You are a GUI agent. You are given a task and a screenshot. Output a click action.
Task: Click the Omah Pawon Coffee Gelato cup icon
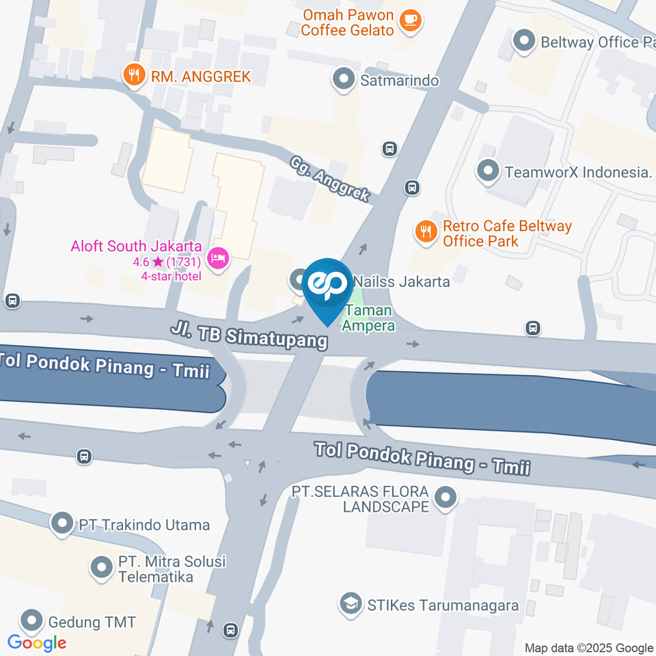[411, 19]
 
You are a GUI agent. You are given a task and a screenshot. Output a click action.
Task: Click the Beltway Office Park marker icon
[524, 42]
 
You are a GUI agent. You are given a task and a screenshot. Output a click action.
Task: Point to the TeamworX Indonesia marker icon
[488, 172]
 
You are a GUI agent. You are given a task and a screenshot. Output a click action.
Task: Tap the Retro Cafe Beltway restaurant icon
[426, 232]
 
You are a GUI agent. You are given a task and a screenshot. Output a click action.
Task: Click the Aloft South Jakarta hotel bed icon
[218, 258]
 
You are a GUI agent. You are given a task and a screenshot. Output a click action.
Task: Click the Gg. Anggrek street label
[329, 179]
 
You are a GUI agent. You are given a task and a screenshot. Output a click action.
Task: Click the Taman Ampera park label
[368, 318]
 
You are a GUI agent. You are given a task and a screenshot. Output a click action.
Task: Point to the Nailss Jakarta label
[401, 281]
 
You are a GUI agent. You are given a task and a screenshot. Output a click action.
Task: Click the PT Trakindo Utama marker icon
[63, 525]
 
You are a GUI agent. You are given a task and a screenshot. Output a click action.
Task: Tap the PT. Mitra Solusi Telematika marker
[102, 566]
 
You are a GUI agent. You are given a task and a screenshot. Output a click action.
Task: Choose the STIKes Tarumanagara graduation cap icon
[351, 605]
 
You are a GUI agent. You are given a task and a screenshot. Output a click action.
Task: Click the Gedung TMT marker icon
[31, 622]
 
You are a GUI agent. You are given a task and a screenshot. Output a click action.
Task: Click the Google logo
[37, 642]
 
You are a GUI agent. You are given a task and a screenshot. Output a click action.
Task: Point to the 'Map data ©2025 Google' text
[588, 648]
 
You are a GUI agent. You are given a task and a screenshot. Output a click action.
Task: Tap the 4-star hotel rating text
[171, 275]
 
